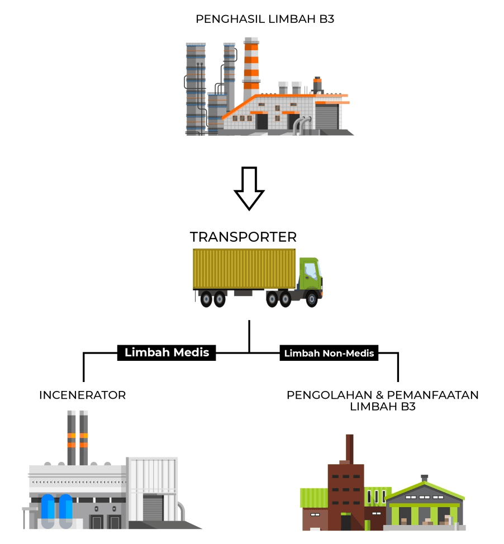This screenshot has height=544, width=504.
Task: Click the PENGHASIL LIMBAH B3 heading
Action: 265,19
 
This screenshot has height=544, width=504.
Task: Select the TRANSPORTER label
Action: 243,237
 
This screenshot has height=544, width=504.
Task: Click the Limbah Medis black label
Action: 167,352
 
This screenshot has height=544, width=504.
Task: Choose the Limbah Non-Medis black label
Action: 329,353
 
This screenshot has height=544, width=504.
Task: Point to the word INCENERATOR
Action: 82,395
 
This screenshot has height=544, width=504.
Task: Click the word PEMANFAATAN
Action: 433,395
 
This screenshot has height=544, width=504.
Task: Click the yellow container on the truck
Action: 244,269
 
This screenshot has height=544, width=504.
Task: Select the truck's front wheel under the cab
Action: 311,299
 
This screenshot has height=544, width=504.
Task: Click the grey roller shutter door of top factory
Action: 327,117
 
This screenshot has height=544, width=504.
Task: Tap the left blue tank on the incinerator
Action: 48,510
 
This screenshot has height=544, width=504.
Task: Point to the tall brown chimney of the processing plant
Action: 350,449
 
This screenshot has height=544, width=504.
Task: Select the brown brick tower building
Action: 346,496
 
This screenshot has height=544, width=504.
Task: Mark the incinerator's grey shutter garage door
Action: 153,508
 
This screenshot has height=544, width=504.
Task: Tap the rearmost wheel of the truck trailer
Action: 206,299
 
